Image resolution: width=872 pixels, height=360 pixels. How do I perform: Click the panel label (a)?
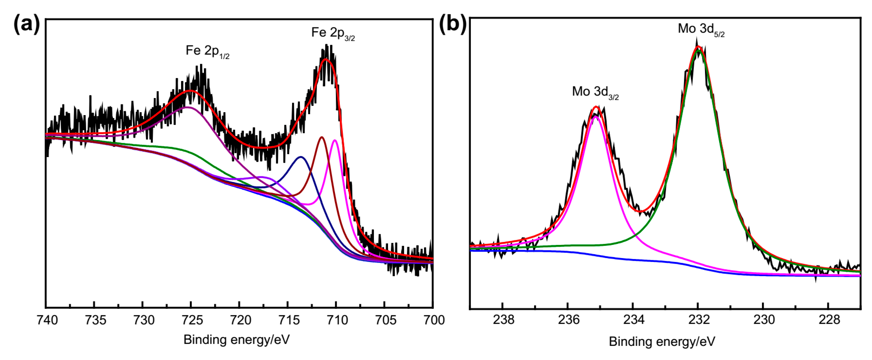(x=26, y=24)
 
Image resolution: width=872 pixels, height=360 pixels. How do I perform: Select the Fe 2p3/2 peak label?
(x=333, y=33)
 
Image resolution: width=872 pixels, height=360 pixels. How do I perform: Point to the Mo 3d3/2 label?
(x=595, y=92)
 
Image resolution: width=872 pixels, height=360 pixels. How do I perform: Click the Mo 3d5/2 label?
(x=701, y=29)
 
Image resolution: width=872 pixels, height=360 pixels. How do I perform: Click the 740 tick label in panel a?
(x=47, y=320)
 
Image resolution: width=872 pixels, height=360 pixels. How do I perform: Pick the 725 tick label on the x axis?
(x=192, y=320)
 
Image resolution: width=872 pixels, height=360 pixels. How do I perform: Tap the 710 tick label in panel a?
(x=337, y=320)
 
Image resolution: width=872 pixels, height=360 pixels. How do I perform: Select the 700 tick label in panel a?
(x=434, y=320)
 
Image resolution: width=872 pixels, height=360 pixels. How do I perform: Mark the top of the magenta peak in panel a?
(x=334, y=140)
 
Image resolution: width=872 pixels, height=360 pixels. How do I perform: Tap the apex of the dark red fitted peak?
(x=321, y=137)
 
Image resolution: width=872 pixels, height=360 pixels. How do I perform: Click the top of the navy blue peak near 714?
(x=300, y=157)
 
